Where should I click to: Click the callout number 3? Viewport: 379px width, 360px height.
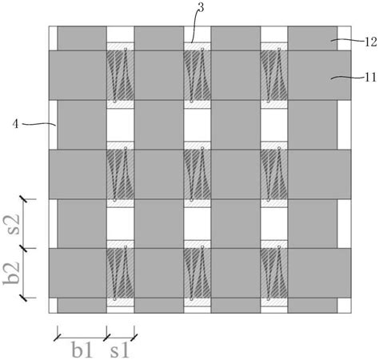click(x=201, y=8)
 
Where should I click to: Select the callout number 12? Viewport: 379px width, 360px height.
click(x=371, y=42)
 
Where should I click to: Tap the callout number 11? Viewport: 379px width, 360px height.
click(x=371, y=78)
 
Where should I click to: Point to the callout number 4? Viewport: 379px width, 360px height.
click(x=16, y=124)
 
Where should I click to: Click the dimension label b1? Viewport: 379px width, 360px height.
click(x=82, y=350)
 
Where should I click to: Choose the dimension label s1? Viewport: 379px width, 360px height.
click(x=120, y=350)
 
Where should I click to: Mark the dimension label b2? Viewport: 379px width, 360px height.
click(x=12, y=273)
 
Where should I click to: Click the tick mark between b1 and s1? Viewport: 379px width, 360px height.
click(x=107, y=337)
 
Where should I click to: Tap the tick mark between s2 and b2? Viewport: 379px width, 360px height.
click(x=24, y=248)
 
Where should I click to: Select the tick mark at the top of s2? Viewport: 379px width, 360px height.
click(x=24, y=199)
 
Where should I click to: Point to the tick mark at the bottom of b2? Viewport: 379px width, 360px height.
click(x=24, y=298)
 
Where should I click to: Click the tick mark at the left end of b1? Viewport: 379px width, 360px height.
click(x=58, y=337)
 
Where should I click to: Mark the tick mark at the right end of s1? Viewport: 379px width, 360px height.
click(x=134, y=337)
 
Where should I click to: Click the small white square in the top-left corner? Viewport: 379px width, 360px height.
click(x=53, y=38)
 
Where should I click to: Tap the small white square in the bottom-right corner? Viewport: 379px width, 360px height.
click(x=345, y=306)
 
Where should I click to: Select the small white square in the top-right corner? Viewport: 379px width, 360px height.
click(x=345, y=38)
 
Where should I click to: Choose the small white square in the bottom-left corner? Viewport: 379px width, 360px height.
click(x=53, y=306)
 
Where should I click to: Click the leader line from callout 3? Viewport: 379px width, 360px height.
click(x=193, y=26)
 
